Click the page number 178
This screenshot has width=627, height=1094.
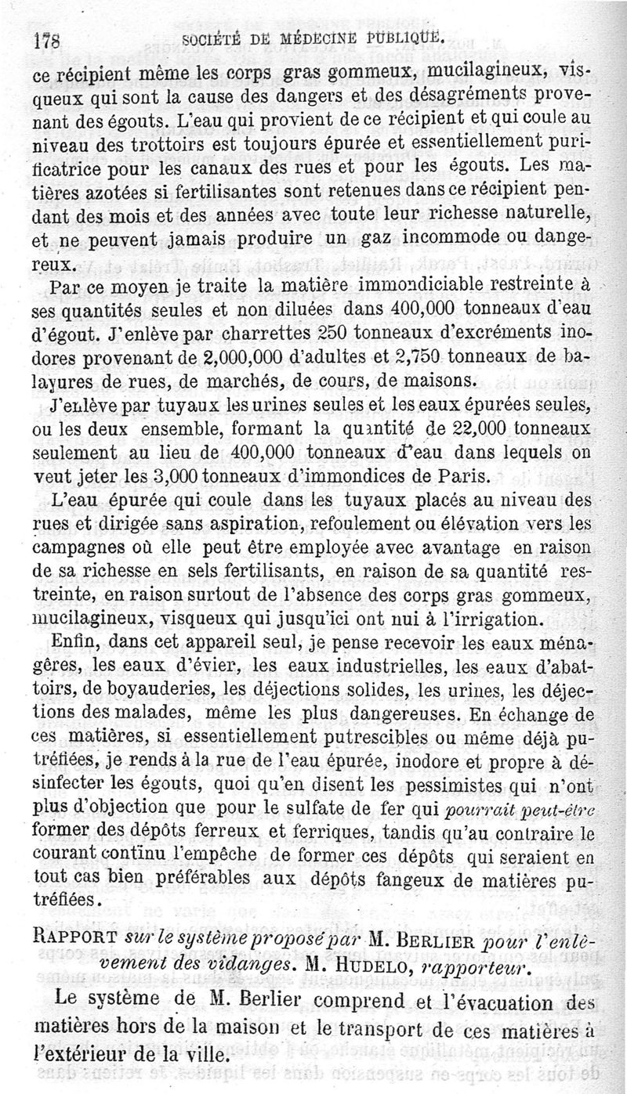tap(48, 41)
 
